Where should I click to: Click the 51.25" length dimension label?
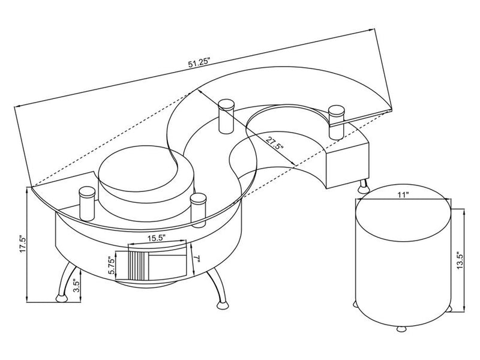tap(200, 62)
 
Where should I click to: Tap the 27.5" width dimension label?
tap(274, 144)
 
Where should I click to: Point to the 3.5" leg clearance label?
tap(77, 286)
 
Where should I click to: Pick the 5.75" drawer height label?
tap(112, 265)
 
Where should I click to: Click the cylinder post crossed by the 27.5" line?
tap(226, 116)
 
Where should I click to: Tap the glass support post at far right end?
tap(336, 123)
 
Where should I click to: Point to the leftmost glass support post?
tap(87, 204)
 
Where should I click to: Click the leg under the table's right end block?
tap(363, 185)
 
